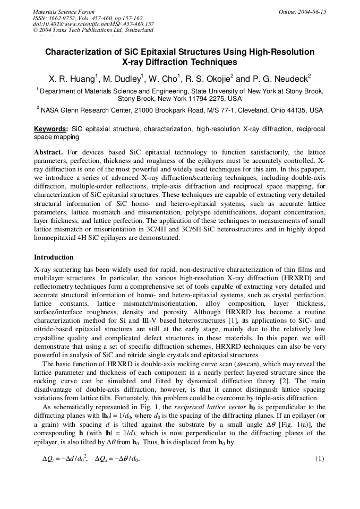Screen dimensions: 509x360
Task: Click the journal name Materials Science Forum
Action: point(64,12)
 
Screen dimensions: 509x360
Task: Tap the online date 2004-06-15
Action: point(312,12)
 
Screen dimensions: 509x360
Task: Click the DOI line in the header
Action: point(93,24)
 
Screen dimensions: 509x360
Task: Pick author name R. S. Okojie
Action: point(207,79)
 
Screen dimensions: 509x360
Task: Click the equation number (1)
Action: point(320,458)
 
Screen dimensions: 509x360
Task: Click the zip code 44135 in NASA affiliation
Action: point(292,110)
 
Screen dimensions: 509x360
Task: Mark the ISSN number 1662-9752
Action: point(63,18)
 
